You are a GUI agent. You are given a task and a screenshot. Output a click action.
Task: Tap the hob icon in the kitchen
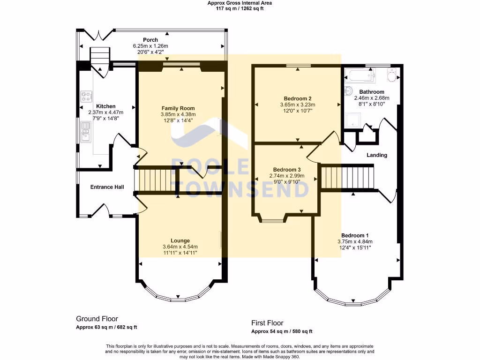click(86, 97)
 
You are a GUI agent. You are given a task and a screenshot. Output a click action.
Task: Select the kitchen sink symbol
click(86, 132)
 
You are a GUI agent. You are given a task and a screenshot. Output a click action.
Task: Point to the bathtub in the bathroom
click(360, 75)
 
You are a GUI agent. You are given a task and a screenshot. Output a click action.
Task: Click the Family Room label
click(178, 108)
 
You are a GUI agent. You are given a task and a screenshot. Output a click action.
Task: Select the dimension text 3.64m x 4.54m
click(180, 247)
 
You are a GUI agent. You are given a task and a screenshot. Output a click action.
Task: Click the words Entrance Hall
click(107, 187)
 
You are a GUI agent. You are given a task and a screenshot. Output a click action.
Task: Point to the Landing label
click(377, 155)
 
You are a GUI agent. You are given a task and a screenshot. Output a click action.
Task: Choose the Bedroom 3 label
click(287, 170)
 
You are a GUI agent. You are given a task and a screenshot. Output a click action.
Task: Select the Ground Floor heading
click(97, 319)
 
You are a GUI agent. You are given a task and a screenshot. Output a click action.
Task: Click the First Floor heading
click(267, 323)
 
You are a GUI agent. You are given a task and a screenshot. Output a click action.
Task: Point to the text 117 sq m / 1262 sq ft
click(240, 8)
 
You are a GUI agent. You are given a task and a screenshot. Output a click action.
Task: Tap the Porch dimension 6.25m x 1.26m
click(150, 46)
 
